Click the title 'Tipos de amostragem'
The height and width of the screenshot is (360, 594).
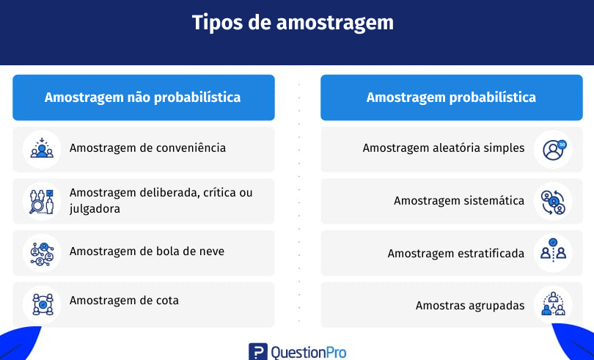tap(293, 23)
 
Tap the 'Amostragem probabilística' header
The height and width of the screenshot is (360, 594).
tap(452, 98)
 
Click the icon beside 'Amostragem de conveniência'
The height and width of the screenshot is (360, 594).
tap(42, 149)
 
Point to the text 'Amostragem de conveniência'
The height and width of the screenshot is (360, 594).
tap(147, 148)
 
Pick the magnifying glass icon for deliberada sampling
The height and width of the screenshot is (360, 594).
tap(42, 201)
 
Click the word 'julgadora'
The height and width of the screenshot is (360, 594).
tap(95, 209)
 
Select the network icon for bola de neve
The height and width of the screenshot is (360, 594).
tap(42, 254)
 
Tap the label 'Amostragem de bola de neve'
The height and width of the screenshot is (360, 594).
tap(147, 251)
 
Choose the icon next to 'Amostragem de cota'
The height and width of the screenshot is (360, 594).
tap(43, 305)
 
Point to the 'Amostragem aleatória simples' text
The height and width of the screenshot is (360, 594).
tap(444, 148)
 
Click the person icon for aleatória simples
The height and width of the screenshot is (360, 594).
tap(554, 150)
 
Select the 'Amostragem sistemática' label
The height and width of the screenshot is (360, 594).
tap(459, 200)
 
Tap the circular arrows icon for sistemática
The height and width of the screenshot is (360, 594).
tap(553, 202)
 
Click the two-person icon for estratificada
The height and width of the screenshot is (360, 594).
tap(553, 250)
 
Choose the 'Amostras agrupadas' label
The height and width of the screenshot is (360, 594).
tap(470, 306)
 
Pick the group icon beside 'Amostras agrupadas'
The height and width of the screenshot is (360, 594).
tap(554, 304)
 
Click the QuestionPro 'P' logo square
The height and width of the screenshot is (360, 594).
tap(258, 352)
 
